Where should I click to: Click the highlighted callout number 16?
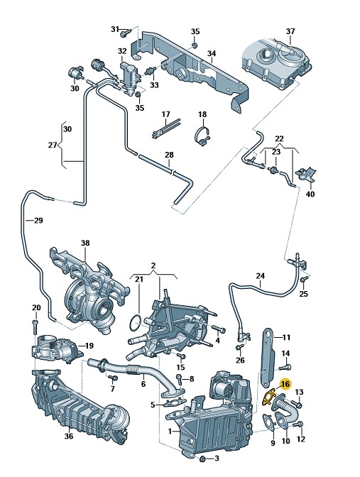pos(285,385)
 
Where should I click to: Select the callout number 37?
pos(290,31)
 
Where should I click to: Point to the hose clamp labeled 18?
pos(202,136)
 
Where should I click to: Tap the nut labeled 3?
pos(204,459)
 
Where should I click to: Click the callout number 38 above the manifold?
pos(85,243)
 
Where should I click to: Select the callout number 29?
pos(38,220)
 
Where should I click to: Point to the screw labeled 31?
pos(126,32)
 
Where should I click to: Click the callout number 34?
pos(212,53)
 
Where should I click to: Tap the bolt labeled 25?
pos(302,280)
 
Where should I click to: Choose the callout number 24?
pos(260,276)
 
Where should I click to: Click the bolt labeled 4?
pos(219,329)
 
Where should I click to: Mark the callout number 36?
pos(69,436)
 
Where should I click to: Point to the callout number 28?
pos(169,155)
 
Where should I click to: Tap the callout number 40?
pos(310,194)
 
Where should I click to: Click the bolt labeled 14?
pos(285,367)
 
